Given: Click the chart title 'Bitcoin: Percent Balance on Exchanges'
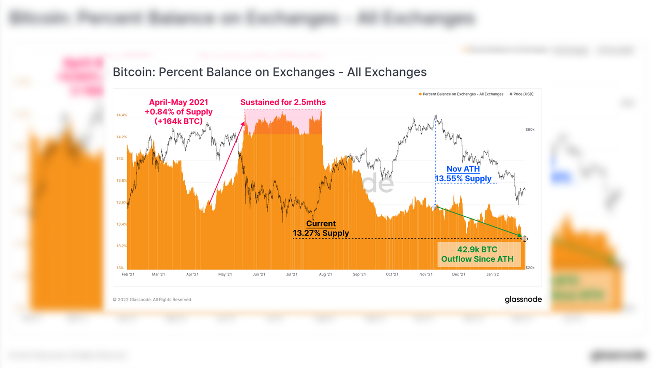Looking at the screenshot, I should tap(269, 72).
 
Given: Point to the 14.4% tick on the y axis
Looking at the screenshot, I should tap(121, 115).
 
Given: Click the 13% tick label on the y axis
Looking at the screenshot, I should tap(120, 268).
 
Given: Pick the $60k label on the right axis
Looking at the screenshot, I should tap(530, 129).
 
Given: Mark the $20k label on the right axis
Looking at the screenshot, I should tap(530, 268).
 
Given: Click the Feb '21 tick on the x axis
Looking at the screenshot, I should tap(128, 274).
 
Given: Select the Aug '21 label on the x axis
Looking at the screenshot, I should tap(325, 274).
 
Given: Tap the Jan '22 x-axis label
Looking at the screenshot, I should tap(493, 274).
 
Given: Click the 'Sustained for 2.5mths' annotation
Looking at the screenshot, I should tap(283, 102).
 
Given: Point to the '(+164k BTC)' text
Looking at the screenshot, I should tap(178, 121).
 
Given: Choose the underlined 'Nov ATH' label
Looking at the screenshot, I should tap(463, 169).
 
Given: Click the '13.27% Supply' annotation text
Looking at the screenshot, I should tap(321, 233).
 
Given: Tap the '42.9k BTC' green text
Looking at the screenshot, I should tap(477, 249).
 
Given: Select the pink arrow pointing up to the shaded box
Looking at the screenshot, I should tap(227, 164).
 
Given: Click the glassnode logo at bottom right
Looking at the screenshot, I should tap(523, 300).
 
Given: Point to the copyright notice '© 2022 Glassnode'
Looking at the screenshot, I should tap(153, 300).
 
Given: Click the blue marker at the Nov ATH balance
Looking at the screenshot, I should tap(435, 207).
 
